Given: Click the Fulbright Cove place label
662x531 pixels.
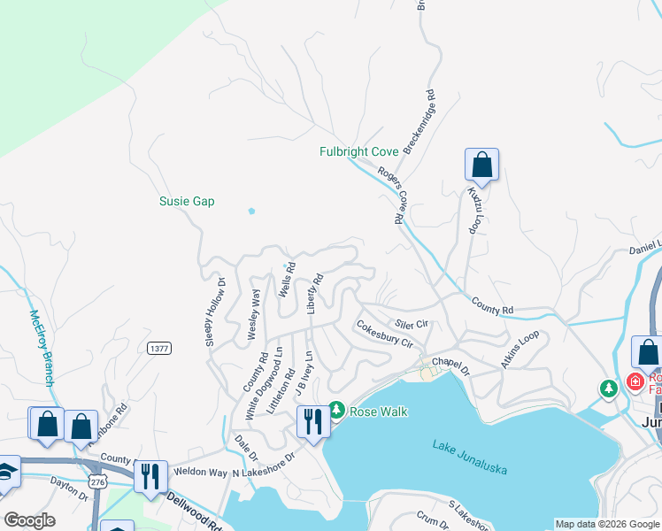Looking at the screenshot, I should (x=358, y=152).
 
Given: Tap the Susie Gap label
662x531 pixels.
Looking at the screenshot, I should (x=187, y=202).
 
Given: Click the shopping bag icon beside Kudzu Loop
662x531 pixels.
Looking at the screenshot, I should (x=481, y=165).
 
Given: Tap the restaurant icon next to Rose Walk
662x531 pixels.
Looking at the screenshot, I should (x=312, y=421).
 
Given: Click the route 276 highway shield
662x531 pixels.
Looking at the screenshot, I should (x=97, y=479).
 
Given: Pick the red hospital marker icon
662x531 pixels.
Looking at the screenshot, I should (x=634, y=382).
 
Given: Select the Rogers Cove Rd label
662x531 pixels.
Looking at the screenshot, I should (x=390, y=195).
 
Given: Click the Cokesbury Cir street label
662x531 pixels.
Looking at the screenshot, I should (x=385, y=334).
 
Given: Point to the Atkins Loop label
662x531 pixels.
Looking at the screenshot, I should (x=520, y=349).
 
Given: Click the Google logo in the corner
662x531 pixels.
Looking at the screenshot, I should (x=29, y=519).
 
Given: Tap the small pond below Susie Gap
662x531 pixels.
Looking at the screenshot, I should (x=252, y=212).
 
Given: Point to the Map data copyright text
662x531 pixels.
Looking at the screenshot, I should (x=607, y=524).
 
